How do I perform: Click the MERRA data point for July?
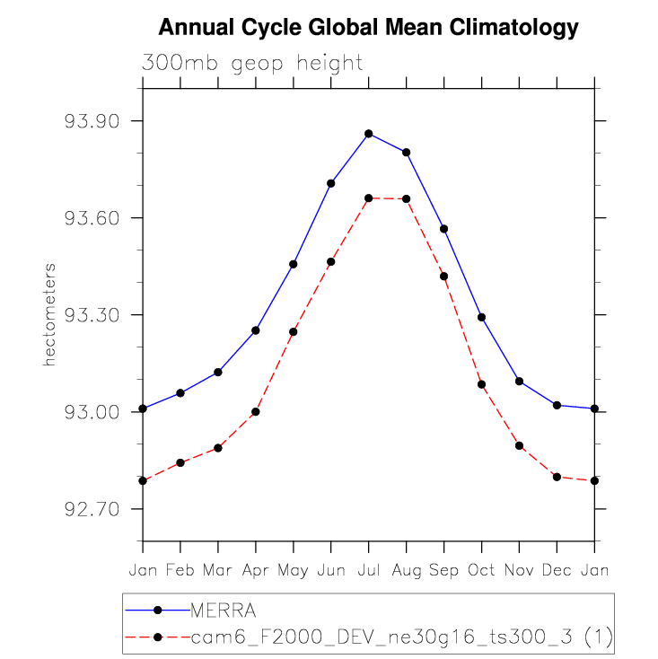pyautogui.click(x=368, y=134)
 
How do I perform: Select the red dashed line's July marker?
pyautogui.click(x=368, y=198)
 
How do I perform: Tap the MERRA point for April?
pyautogui.click(x=256, y=330)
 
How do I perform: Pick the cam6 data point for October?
pyautogui.click(x=481, y=384)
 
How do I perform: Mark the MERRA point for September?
pyautogui.click(x=443, y=229)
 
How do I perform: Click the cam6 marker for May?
pyautogui.click(x=294, y=332)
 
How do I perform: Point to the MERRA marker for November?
pyautogui.click(x=519, y=382)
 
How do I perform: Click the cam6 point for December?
pyautogui.click(x=557, y=477)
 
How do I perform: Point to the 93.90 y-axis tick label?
pyautogui.click(x=92, y=121)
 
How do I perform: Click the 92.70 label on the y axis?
pyautogui.click(x=92, y=509)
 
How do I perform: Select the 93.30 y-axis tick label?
pyautogui.click(x=92, y=315)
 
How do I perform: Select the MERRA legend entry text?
pyautogui.click(x=224, y=611)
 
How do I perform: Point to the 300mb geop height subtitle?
pyautogui.click(x=252, y=63)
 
